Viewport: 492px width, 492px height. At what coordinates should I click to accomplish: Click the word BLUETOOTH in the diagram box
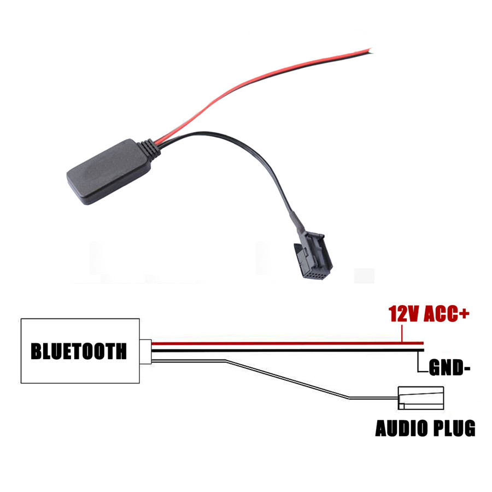[78, 351]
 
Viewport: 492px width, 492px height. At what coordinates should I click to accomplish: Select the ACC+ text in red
[446, 313]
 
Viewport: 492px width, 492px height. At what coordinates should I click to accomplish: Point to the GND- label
[449, 367]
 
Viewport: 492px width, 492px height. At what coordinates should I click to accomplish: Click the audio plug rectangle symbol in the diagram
[420, 398]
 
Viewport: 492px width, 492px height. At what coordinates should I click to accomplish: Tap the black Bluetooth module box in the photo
[109, 172]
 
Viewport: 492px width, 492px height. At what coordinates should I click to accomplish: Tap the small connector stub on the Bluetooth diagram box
[145, 352]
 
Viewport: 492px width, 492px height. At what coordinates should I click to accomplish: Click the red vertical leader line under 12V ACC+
[402, 333]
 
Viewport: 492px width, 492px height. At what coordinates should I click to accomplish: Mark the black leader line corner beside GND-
[418, 372]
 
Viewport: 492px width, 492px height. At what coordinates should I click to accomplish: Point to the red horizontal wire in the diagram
[288, 343]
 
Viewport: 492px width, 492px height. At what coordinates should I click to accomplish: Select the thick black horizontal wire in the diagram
[288, 350]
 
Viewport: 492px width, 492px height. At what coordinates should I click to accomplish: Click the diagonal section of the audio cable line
[287, 380]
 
